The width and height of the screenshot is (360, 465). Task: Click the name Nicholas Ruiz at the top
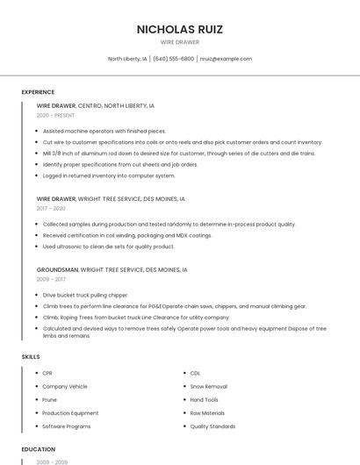[x=180, y=29]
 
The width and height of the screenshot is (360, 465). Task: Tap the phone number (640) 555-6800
[x=173, y=59]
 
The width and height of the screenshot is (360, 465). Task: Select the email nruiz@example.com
[x=226, y=59]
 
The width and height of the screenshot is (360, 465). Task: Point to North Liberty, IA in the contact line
[x=127, y=59]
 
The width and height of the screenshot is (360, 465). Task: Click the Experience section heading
[x=38, y=92]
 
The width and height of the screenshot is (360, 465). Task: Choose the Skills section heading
[x=31, y=357]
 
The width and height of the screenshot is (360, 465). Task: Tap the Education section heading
[x=39, y=449]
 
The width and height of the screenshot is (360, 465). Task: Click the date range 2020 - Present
[x=55, y=115]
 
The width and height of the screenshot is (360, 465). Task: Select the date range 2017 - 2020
[x=51, y=208]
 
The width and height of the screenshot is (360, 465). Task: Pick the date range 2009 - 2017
[x=51, y=279]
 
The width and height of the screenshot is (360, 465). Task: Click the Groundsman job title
[x=57, y=269]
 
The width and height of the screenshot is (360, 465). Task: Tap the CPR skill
[x=47, y=373]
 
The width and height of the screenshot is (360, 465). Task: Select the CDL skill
[x=195, y=373]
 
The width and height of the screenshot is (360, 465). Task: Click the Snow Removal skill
[x=208, y=386]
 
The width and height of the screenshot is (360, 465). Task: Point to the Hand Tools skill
[x=204, y=399]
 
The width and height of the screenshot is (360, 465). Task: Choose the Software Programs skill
[x=66, y=426]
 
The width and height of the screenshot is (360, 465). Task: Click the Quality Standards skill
[x=212, y=426]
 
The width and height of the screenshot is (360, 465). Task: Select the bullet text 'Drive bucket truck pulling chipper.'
[x=85, y=295]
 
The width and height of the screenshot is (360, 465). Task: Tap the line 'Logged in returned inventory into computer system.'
[x=109, y=175]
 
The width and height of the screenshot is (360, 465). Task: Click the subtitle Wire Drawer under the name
[x=180, y=42]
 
